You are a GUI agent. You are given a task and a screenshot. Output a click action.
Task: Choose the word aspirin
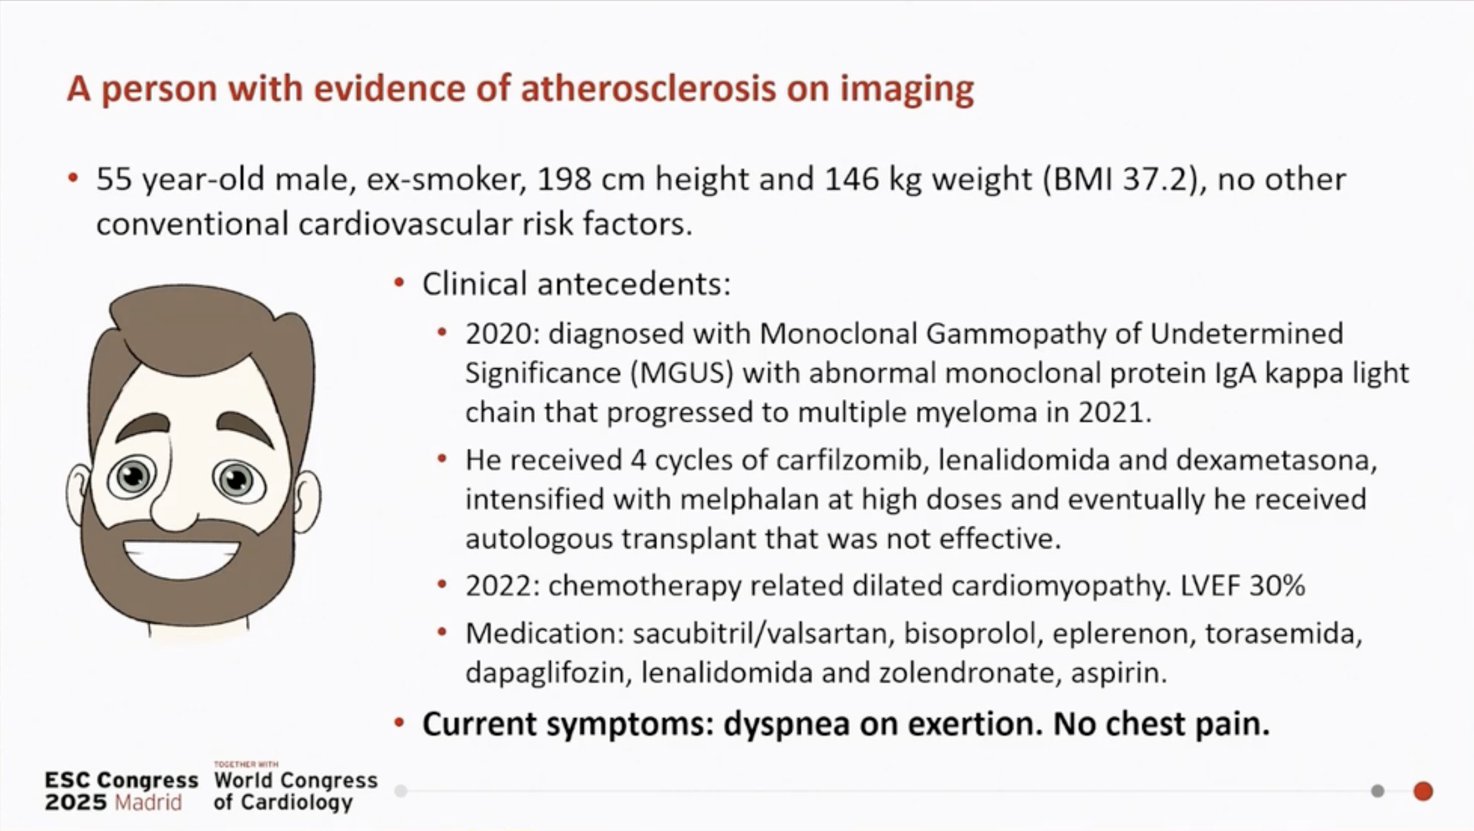(1118, 673)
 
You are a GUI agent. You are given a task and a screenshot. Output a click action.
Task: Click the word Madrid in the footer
(148, 802)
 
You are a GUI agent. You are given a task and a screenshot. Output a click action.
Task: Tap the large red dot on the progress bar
(1423, 791)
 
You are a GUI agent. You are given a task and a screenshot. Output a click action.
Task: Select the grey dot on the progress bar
(1378, 791)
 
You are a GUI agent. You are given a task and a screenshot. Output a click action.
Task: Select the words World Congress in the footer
(296, 780)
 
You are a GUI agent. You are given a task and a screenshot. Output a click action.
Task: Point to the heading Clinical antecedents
(576, 284)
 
